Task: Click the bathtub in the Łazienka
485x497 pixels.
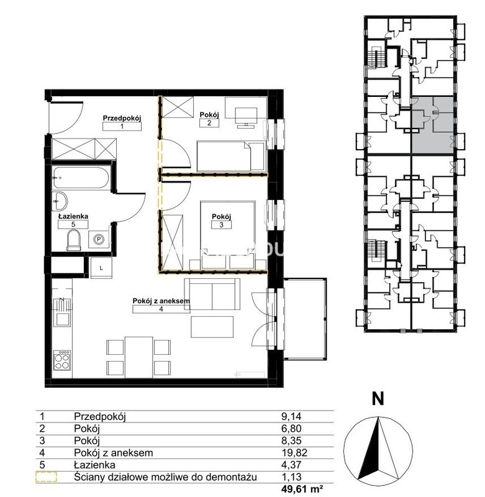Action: [81, 178]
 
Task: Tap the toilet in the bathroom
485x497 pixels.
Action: [73, 240]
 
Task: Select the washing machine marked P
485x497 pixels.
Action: [99, 240]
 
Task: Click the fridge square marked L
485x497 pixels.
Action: [101, 268]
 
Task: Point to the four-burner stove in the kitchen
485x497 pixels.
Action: [61, 360]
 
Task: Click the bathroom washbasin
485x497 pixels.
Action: [60, 201]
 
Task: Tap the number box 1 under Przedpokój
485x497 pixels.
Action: [122, 126]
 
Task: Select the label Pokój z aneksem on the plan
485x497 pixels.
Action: [161, 301]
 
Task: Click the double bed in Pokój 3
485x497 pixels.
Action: [227, 235]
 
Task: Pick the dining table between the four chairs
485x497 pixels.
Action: [139, 357]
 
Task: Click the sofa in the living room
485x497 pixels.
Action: [212, 294]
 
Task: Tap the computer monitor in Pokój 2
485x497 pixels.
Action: [246, 117]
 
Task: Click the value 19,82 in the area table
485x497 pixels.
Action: [294, 453]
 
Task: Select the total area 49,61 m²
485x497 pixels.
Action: [302, 489]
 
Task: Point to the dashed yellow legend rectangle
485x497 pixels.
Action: [46, 477]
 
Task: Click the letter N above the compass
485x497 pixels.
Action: [378, 399]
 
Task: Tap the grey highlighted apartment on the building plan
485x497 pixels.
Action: [432, 125]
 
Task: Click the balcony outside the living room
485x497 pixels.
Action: [305, 319]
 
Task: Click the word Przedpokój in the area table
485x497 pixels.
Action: [100, 416]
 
